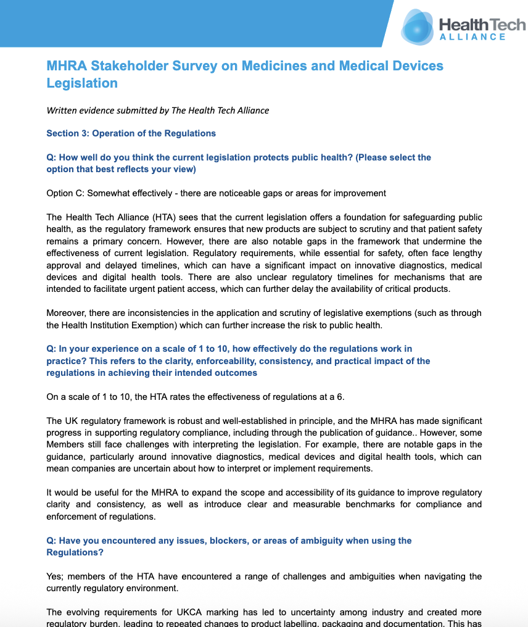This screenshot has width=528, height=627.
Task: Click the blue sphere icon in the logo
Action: pos(418,28)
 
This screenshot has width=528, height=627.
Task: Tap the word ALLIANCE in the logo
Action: pos(472,37)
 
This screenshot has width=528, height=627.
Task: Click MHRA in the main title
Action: pos(66,66)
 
